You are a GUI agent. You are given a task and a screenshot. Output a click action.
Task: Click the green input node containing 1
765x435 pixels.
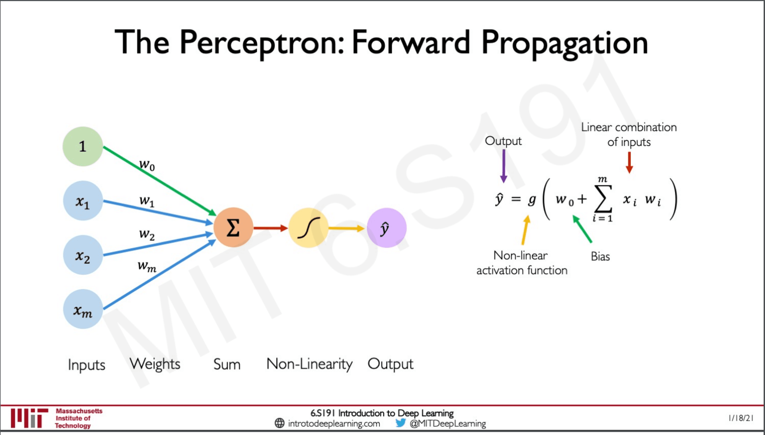(x=83, y=146)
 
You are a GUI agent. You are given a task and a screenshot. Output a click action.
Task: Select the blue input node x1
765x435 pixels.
(x=83, y=201)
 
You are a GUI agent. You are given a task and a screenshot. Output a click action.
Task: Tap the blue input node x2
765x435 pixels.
(x=83, y=255)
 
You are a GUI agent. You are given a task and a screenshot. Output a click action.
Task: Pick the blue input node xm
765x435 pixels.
(x=83, y=309)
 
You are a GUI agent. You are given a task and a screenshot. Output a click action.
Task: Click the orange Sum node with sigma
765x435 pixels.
(x=233, y=228)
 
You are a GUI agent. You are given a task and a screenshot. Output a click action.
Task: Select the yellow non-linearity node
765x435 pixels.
(x=309, y=228)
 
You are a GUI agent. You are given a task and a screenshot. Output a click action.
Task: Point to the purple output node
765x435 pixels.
(x=387, y=228)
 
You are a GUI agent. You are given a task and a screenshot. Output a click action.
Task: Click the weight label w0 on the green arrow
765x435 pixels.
(x=147, y=165)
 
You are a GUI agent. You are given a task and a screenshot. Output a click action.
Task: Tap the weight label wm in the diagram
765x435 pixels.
(x=147, y=266)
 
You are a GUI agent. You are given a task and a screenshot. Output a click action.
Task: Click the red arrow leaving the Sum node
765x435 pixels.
(x=271, y=228)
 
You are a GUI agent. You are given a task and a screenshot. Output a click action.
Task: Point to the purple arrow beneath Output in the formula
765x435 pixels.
(x=504, y=166)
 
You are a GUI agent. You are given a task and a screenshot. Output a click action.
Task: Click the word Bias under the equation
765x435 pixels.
(x=600, y=256)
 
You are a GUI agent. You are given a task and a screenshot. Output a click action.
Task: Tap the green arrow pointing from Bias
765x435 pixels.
(x=582, y=229)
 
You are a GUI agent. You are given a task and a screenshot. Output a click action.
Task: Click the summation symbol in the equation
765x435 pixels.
(x=603, y=199)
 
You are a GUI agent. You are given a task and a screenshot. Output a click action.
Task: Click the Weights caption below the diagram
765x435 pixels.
(x=155, y=364)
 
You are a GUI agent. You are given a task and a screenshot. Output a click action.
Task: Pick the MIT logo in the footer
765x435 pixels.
(x=29, y=418)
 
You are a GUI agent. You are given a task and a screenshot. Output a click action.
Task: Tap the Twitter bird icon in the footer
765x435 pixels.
(x=400, y=423)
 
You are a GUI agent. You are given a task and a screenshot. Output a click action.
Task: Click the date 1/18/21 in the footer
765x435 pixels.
(x=741, y=418)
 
